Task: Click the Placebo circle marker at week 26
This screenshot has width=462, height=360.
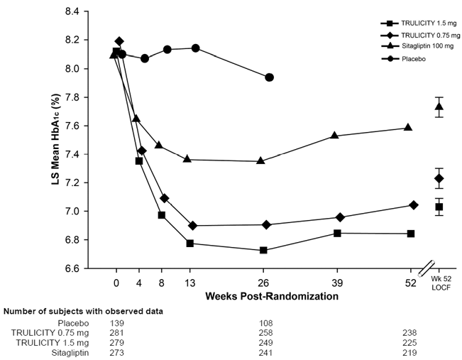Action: [269, 77]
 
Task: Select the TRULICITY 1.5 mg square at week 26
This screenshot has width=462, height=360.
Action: [263, 250]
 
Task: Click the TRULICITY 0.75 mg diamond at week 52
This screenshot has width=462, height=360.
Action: [414, 205]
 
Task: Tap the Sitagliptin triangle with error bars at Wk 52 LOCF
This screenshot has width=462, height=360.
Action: [439, 107]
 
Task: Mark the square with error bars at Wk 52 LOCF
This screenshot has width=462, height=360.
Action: [439, 207]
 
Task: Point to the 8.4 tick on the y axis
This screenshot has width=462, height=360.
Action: [71, 12]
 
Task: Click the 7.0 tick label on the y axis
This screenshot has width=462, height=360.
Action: [71, 212]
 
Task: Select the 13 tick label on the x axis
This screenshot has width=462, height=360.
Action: [189, 281]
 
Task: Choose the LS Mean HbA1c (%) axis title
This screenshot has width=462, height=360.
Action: [42, 141]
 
